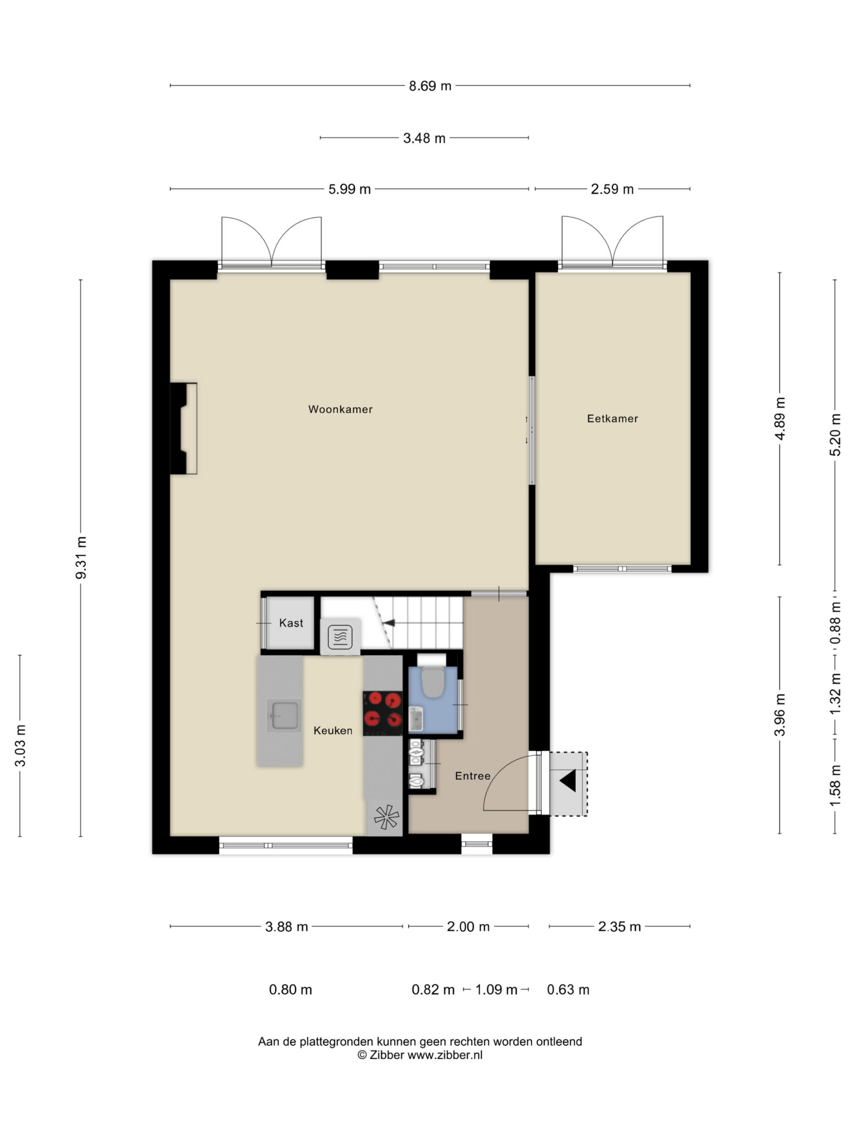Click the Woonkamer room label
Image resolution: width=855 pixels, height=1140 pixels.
340,409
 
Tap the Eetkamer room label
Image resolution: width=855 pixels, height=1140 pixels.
612,419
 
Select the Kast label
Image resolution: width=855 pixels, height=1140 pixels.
291,623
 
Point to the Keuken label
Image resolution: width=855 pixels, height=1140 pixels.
333,730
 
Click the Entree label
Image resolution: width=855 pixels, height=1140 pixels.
472,776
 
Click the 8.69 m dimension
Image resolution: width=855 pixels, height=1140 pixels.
430,86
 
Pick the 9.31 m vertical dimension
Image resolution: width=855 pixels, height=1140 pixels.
81,558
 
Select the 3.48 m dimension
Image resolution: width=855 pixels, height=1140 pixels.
424,138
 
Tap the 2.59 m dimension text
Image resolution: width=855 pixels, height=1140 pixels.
612,189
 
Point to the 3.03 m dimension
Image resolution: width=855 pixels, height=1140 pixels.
20,746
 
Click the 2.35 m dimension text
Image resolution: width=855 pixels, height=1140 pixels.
619,927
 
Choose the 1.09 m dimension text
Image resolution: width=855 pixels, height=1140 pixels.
496,989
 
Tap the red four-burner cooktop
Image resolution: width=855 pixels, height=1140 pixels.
383,713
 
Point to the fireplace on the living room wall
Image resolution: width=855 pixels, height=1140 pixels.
183,428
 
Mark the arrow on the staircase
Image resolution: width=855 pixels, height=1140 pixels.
389,623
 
